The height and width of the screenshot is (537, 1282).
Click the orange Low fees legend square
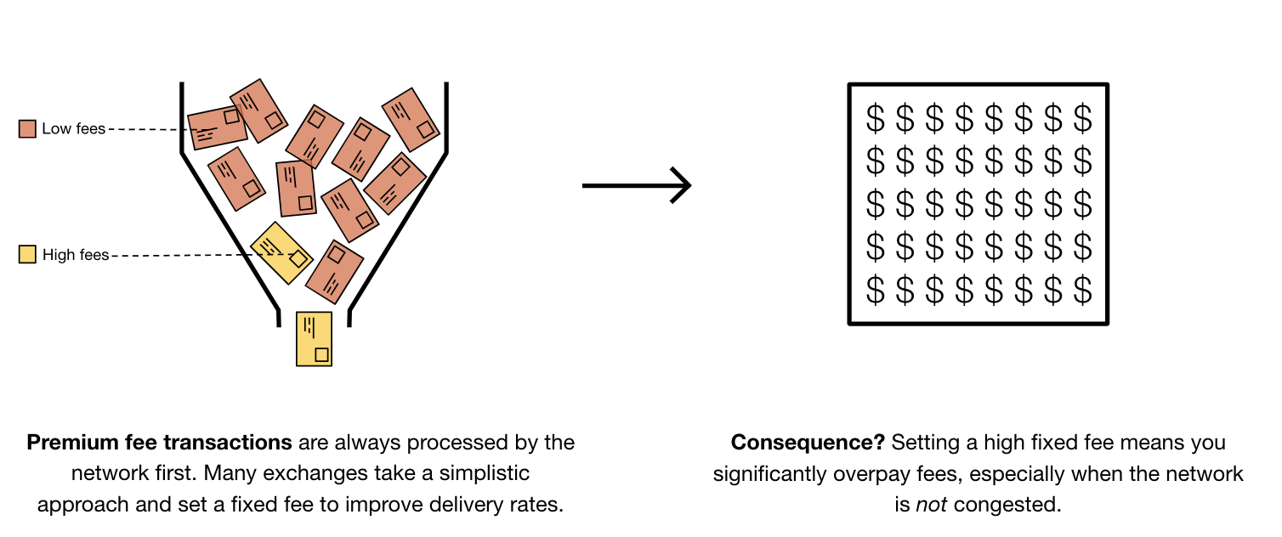(x=27, y=128)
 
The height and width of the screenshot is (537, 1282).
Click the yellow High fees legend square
(x=27, y=254)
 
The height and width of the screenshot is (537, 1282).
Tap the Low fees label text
(x=73, y=129)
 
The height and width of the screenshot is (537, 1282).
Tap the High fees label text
(x=76, y=255)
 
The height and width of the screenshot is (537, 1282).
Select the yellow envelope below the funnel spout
(x=314, y=339)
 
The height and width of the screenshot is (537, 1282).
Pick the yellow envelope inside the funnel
(x=281, y=252)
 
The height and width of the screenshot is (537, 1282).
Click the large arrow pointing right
(x=637, y=184)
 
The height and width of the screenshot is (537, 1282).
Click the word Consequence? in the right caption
(x=808, y=443)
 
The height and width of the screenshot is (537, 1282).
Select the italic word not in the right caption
(x=928, y=504)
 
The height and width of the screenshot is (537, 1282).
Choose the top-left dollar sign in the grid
(x=875, y=118)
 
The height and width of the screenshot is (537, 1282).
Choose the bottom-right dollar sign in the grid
(x=1082, y=291)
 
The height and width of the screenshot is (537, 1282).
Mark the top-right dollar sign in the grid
(x=1082, y=118)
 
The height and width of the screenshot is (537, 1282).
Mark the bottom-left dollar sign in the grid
(x=875, y=291)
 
